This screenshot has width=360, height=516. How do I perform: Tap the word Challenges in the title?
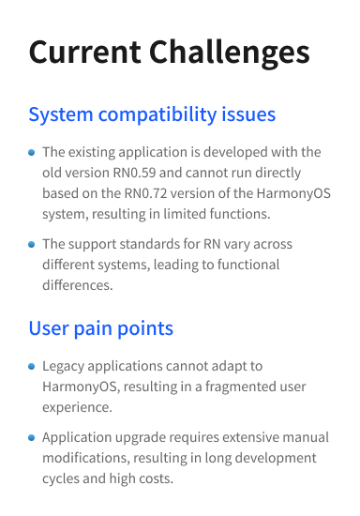tap(224, 53)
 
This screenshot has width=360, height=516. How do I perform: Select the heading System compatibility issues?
tap(152, 115)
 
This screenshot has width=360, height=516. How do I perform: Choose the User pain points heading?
tap(100, 328)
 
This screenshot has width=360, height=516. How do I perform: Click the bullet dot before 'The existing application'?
tap(32, 152)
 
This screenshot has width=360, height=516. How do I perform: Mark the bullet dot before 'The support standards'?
tap(32, 244)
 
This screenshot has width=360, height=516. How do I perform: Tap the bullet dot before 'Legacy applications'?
tap(32, 365)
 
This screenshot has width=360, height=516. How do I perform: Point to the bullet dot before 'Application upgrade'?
tap(32, 437)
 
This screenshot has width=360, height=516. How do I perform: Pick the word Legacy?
tap(65, 365)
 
